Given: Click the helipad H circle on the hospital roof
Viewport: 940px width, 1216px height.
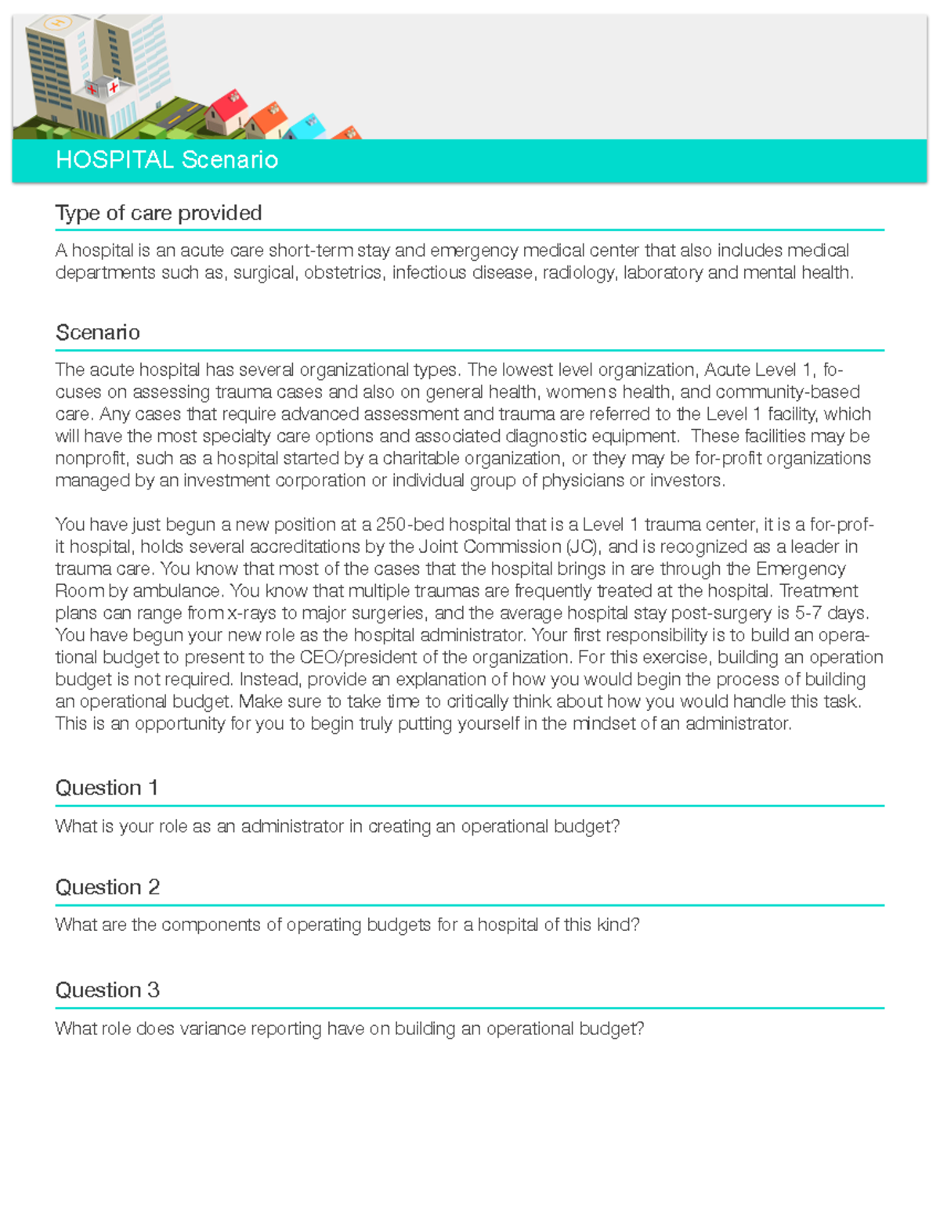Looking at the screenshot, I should pos(57,23).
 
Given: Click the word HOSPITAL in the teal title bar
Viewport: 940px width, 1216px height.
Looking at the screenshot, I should pos(114,160).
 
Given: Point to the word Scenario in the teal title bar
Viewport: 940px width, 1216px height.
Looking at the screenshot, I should pos(230,160).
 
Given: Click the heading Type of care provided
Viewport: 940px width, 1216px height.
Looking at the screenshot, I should pos(158,213).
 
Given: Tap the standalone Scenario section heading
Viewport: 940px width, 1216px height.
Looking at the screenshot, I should pos(98,333).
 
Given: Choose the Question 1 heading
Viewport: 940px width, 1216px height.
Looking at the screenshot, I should pos(107,788).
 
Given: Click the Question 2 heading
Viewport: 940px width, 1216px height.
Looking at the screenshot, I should pos(107,887).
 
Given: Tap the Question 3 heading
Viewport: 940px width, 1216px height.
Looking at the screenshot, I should pos(107,990).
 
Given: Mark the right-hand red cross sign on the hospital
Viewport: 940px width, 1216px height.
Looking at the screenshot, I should pos(114,87).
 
